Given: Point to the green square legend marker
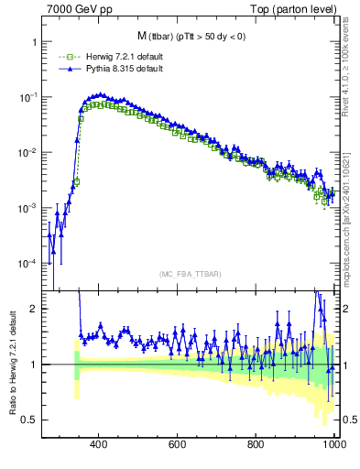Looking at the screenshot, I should point(65,58).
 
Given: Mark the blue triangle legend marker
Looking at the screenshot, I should point(65,69).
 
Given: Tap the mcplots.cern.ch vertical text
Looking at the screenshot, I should point(349,220).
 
